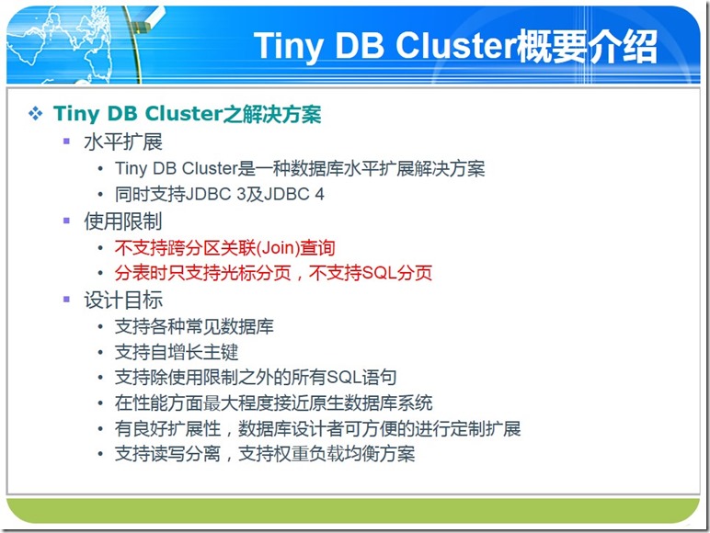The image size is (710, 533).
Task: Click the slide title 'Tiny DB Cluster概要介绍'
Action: click(x=455, y=47)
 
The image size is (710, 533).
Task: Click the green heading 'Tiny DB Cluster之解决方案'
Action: click(x=187, y=114)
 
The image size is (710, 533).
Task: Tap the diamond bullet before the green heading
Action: click(x=35, y=113)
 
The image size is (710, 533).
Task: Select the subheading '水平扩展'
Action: click(x=122, y=142)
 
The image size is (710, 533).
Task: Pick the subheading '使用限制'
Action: click(x=122, y=221)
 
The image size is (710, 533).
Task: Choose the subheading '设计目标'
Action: click(x=122, y=300)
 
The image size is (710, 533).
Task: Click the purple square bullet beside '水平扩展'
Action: click(x=66, y=142)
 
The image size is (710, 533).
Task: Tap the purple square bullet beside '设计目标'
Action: click(x=66, y=299)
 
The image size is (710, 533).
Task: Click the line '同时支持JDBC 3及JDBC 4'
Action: click(x=220, y=195)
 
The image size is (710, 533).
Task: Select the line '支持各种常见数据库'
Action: click(x=194, y=326)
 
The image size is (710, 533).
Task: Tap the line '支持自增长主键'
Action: click(x=177, y=352)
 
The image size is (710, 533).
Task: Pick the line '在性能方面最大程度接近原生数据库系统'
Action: click(x=273, y=403)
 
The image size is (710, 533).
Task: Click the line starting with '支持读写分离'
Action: click(x=265, y=454)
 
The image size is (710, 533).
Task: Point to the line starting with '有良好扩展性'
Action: click(x=318, y=428)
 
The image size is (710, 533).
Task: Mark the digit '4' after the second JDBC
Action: click(x=320, y=195)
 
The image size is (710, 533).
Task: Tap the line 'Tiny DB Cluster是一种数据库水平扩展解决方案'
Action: click(x=300, y=169)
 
